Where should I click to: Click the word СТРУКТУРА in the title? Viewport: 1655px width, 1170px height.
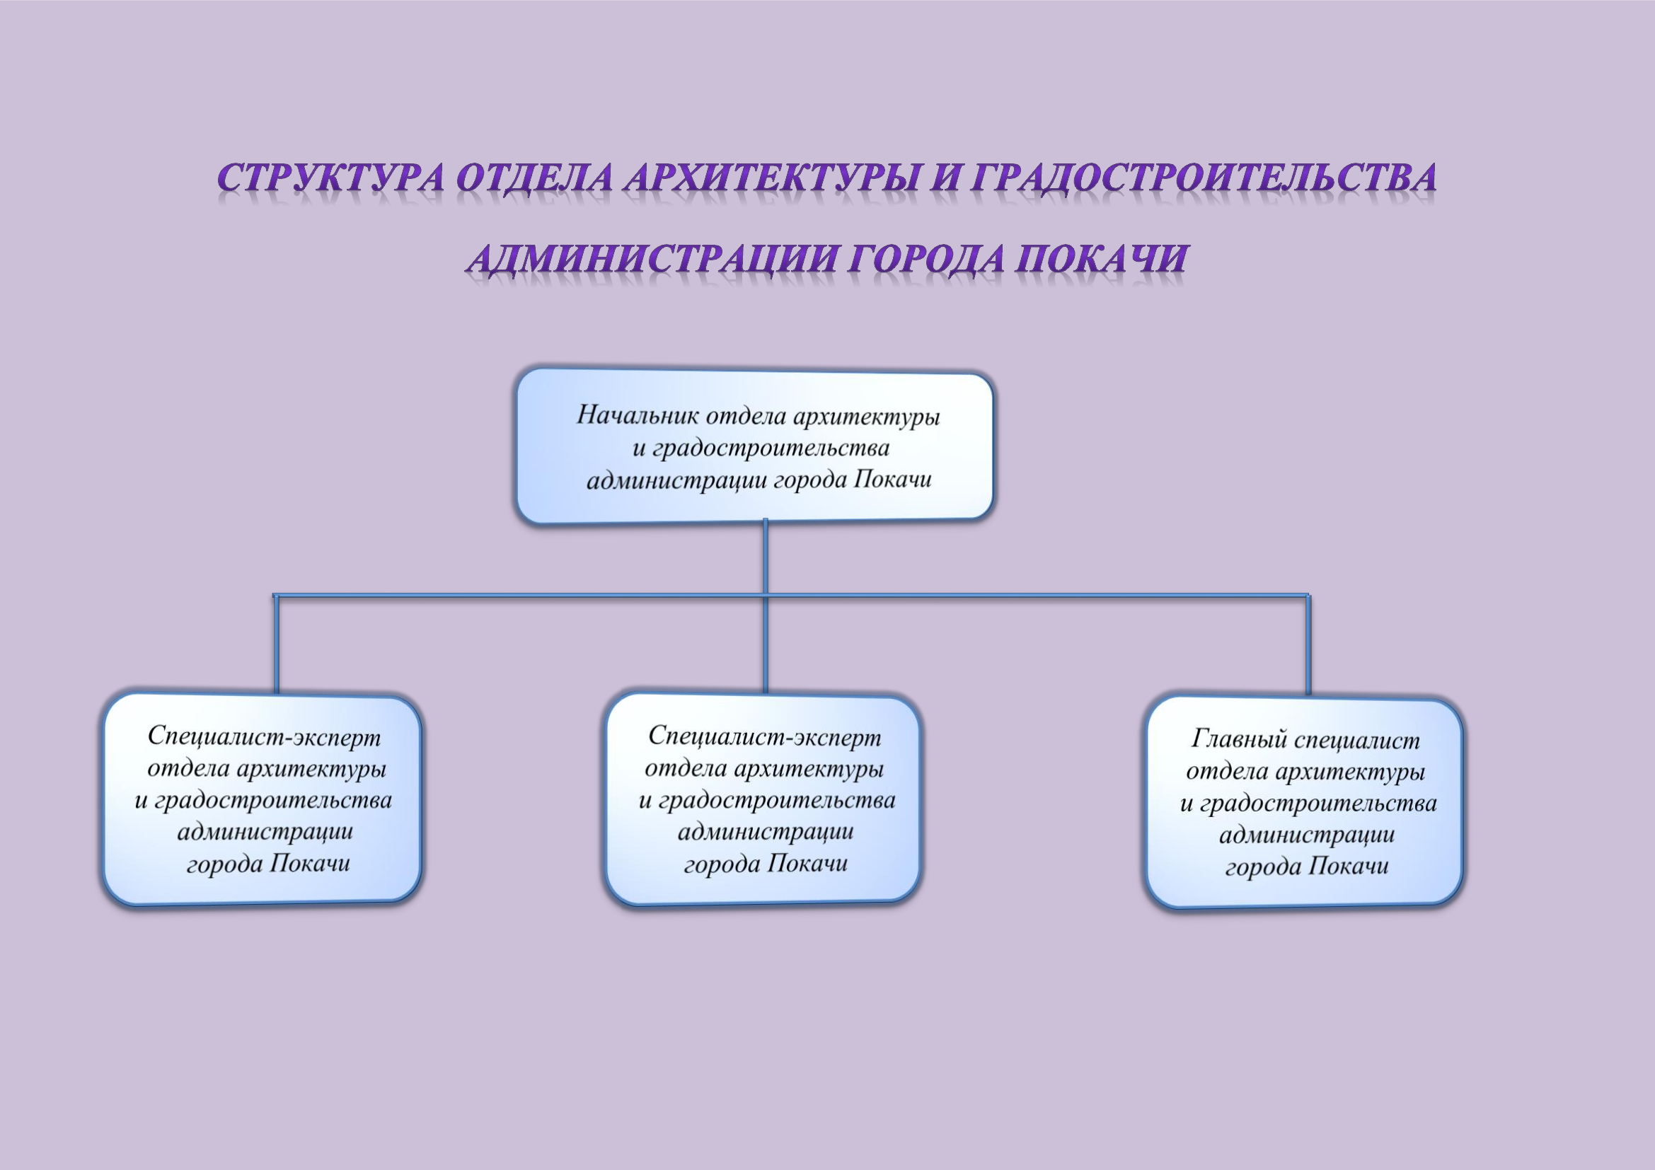click(331, 178)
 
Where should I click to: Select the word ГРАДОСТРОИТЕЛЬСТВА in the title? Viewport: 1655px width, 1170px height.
click(1203, 178)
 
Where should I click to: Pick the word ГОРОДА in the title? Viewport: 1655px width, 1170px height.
click(927, 258)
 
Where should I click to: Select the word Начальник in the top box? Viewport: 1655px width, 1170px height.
click(638, 415)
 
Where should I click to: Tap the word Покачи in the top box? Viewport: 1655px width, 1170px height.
click(892, 479)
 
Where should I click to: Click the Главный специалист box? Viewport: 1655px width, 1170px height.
click(1305, 803)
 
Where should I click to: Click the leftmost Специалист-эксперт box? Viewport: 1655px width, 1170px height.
click(263, 799)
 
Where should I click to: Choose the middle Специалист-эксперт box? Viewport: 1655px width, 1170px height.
click(763, 799)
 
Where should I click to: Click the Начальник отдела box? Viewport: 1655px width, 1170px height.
click(755, 446)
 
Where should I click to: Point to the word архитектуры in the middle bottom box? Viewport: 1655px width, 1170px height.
click(808, 770)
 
